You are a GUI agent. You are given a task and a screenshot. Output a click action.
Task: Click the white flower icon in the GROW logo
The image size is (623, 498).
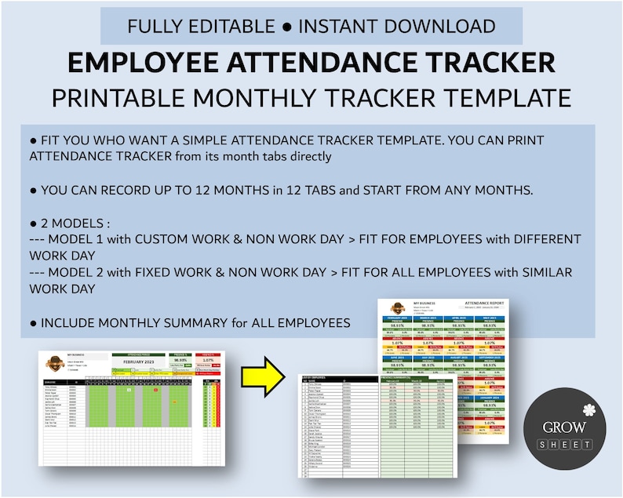click(x=590, y=409)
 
